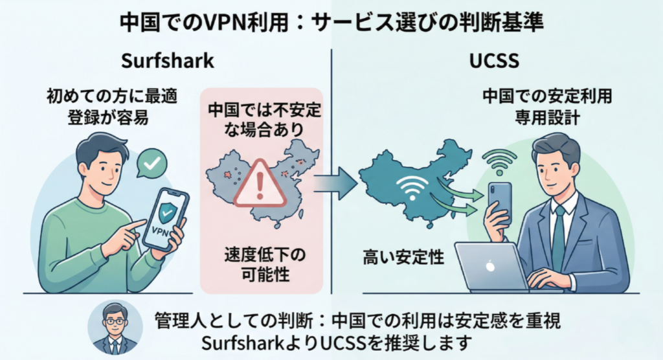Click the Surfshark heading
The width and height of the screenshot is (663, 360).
coord(167,62)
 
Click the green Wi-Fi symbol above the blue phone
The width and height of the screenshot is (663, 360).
coord(502,163)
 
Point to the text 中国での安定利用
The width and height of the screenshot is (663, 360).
coord(547,98)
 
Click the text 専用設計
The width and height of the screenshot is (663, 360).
coord(547,119)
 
